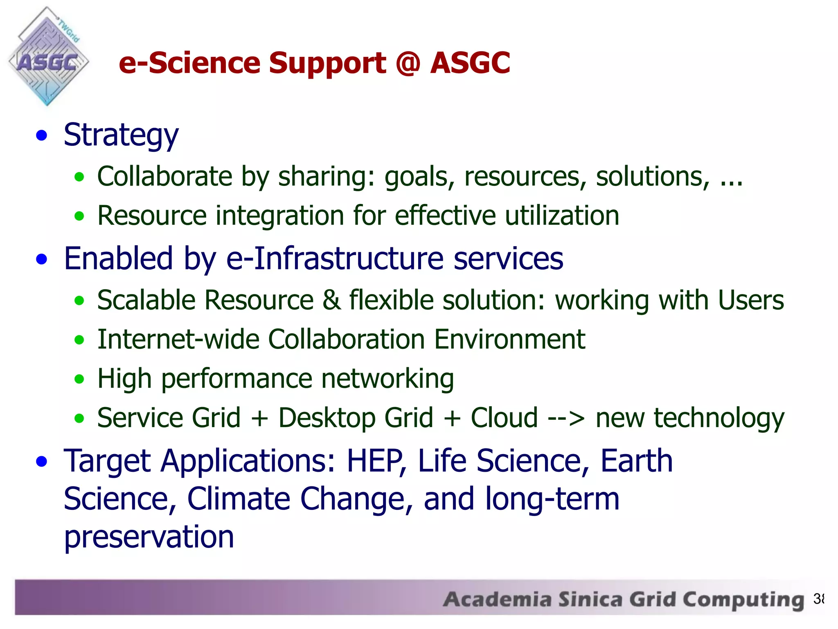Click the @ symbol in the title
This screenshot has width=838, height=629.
pyautogui.click(x=408, y=63)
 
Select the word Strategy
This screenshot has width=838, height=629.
pyautogui.click(x=121, y=136)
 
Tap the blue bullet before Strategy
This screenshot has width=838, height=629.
pyautogui.click(x=42, y=136)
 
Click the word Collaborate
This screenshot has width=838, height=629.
pyautogui.click(x=165, y=176)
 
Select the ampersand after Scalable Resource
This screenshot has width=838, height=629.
pyautogui.click(x=331, y=300)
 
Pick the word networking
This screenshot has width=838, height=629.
pyautogui.click(x=387, y=379)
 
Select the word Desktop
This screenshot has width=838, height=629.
pyautogui.click(x=327, y=418)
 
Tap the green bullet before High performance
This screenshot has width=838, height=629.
pyautogui.click(x=79, y=379)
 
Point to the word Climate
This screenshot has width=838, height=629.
pyautogui.click(x=238, y=499)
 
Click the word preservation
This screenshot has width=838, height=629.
pyautogui.click(x=149, y=537)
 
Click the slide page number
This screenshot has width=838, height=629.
pyautogui.click(x=818, y=599)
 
